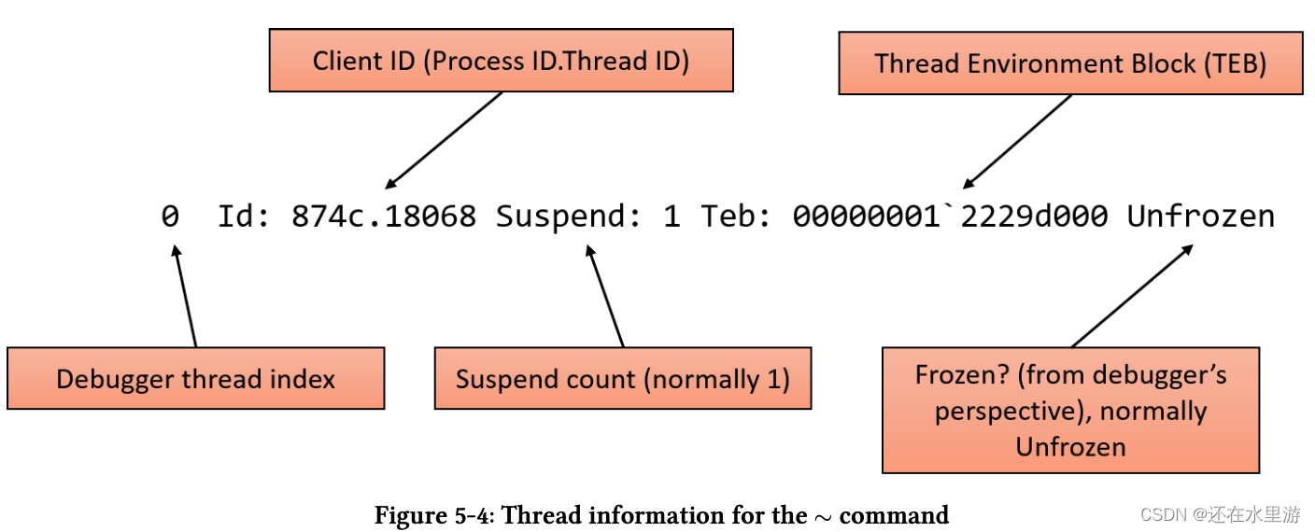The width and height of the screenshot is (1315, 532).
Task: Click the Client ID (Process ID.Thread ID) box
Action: pyautogui.click(x=501, y=61)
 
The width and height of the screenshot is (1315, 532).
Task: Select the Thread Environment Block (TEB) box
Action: pyautogui.click(x=1070, y=63)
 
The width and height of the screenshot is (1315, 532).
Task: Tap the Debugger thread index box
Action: pyautogui.click(x=195, y=379)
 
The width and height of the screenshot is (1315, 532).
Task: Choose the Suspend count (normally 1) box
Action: pyautogui.click(x=623, y=379)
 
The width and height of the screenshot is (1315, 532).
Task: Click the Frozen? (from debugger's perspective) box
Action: pyautogui.click(x=1070, y=411)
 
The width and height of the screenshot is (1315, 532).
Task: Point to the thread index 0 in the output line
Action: pyautogui.click(x=169, y=217)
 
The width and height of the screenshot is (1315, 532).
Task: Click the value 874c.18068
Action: pyautogui.click(x=383, y=217)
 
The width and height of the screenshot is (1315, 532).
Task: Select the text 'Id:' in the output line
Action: pyautogui.click(x=245, y=217)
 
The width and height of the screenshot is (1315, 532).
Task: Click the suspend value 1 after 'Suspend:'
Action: pyautogui.click(x=671, y=217)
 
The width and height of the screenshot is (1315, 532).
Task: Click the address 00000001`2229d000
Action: pyautogui.click(x=950, y=217)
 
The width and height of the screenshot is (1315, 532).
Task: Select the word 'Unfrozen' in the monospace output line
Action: pyautogui.click(x=1200, y=217)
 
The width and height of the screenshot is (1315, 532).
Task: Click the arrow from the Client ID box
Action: pyautogui.click(x=444, y=140)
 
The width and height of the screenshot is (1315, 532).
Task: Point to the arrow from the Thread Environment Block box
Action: pyautogui.click(x=1017, y=141)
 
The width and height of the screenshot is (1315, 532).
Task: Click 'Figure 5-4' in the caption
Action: pyautogui.click(x=431, y=515)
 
